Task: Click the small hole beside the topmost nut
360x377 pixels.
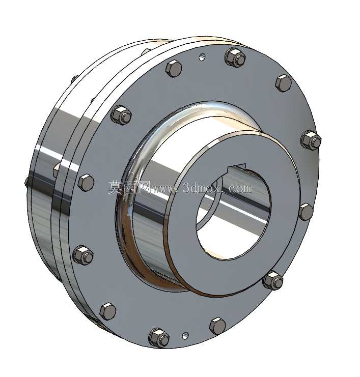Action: point(202,57)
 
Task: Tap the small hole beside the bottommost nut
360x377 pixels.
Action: point(185,335)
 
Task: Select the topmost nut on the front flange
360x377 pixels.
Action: point(235,57)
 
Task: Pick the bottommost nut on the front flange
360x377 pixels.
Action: point(158,337)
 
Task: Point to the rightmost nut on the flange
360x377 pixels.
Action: point(311,140)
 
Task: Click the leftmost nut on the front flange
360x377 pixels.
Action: point(83,255)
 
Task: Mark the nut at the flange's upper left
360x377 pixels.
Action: point(121,115)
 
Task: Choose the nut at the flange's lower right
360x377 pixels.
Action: point(273,281)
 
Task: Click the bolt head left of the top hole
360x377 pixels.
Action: point(174,68)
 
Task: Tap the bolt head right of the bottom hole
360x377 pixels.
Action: point(217,326)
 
